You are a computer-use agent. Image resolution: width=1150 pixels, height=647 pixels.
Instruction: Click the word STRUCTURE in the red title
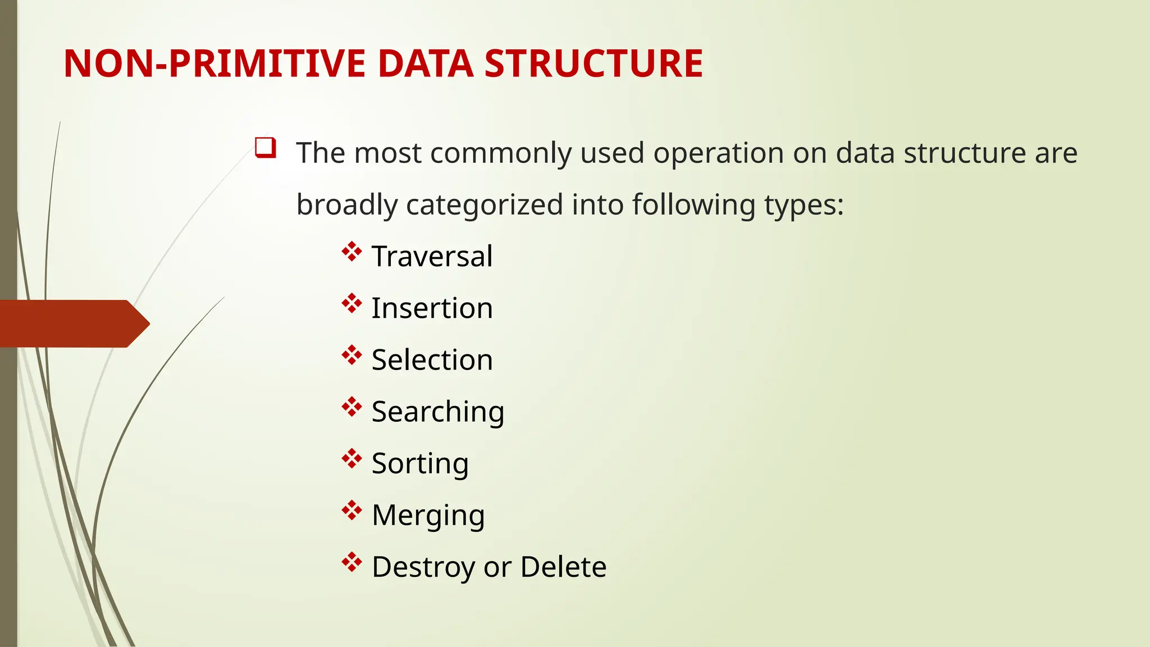(x=593, y=63)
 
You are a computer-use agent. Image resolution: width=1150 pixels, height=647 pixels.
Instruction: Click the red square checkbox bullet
(x=265, y=147)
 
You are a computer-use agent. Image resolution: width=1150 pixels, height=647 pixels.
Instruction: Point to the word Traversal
(x=432, y=257)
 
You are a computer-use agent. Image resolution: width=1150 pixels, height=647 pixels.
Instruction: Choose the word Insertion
(x=432, y=308)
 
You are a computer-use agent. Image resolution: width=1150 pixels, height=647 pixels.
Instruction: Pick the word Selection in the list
(x=432, y=360)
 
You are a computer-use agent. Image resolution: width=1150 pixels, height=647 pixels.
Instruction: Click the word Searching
(x=438, y=412)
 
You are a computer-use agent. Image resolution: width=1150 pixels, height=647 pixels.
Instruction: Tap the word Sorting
(x=420, y=464)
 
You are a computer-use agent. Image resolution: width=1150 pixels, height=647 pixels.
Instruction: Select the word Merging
(x=428, y=516)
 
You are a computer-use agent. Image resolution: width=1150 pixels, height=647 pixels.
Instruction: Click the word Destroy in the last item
(x=423, y=567)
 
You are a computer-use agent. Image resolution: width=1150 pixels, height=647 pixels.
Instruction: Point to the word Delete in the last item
(x=563, y=567)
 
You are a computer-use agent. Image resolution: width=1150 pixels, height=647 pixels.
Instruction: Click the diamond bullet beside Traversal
(x=352, y=251)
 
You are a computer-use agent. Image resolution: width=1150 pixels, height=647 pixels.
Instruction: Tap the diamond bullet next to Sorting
(x=352, y=458)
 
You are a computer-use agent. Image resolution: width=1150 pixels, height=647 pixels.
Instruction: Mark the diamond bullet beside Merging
(x=352, y=510)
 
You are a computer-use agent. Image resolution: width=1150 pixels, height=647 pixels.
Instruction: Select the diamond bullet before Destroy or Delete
(x=352, y=562)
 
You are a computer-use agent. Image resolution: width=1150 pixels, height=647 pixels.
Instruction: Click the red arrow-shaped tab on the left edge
(x=73, y=323)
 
